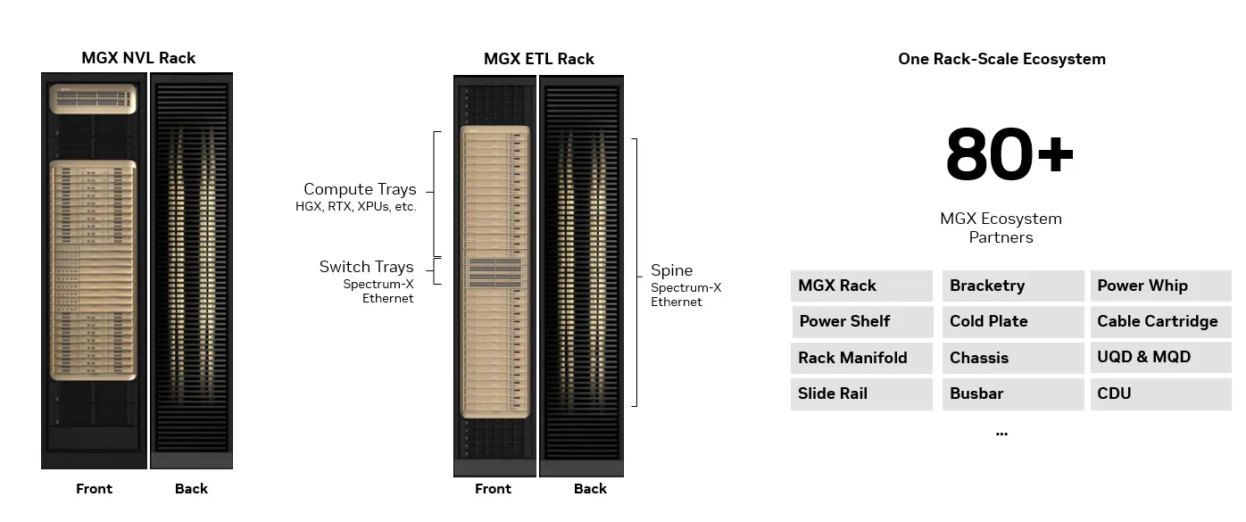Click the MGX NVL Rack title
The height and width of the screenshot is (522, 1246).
pyautogui.click(x=138, y=58)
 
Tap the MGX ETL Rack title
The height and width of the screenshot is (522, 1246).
pyautogui.click(x=538, y=58)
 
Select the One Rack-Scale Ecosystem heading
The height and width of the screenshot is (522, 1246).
pyautogui.click(x=1001, y=58)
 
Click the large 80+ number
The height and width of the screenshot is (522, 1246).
pyautogui.click(x=1009, y=154)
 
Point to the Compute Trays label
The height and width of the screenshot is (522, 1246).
pyautogui.click(x=360, y=189)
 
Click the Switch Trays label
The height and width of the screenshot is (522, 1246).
pyautogui.click(x=367, y=267)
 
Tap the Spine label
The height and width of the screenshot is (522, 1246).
pyautogui.click(x=671, y=270)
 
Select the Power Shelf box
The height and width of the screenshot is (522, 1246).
pyautogui.click(x=862, y=321)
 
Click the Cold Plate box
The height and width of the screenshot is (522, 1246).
pyautogui.click(x=1013, y=321)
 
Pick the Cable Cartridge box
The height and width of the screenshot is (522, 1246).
pyautogui.click(x=1161, y=321)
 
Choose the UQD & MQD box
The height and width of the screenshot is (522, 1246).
pyautogui.click(x=1161, y=358)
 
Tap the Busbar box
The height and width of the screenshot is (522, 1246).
pyautogui.click(x=1013, y=394)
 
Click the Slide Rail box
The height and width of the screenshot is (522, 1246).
pyautogui.click(x=861, y=394)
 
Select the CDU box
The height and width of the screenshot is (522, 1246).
pyautogui.click(x=1161, y=394)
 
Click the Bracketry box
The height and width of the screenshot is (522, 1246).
pyautogui.click(x=1013, y=286)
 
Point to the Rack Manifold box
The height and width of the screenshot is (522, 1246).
pyautogui.click(x=861, y=358)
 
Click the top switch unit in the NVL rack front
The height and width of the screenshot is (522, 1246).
pyautogui.click(x=93, y=99)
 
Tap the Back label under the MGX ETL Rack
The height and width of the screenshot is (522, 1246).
pyautogui.click(x=590, y=489)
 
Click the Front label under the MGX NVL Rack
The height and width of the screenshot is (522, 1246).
pyautogui.click(x=94, y=489)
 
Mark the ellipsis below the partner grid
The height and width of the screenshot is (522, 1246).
pyautogui.click(x=1001, y=434)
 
